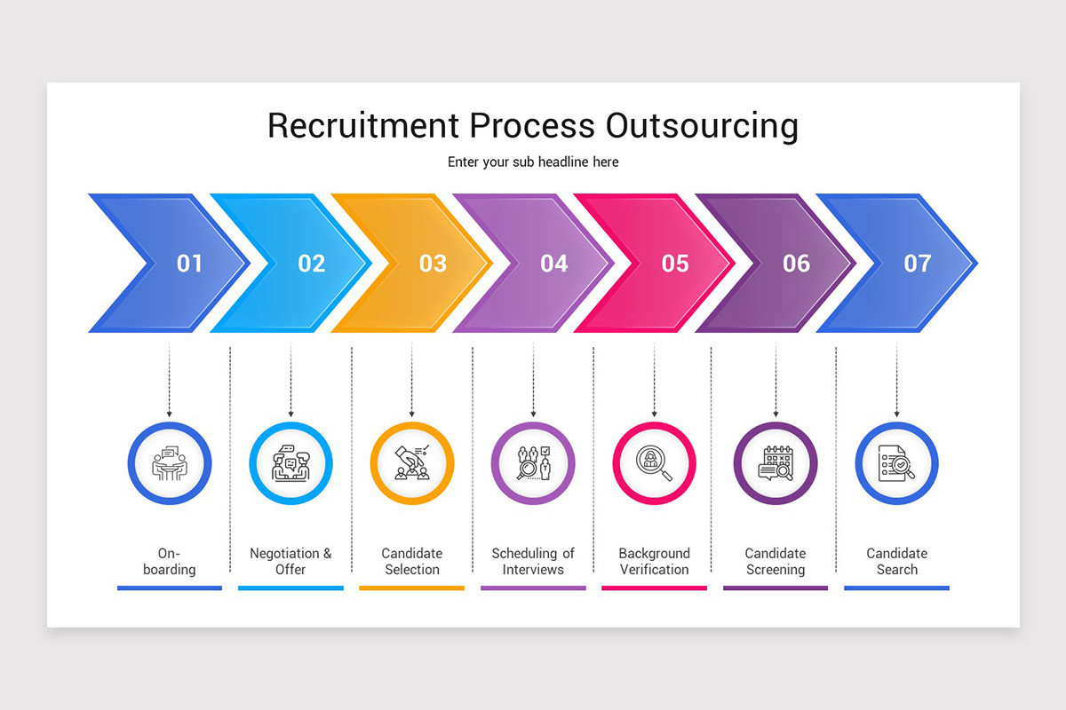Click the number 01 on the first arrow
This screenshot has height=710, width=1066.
tap(189, 264)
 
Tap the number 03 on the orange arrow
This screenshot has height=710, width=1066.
tap(433, 264)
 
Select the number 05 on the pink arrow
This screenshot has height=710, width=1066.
tap(675, 264)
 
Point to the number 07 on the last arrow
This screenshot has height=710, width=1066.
tap(918, 264)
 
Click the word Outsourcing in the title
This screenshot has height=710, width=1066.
tap(702, 126)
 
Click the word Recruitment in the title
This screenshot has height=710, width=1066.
tap(363, 126)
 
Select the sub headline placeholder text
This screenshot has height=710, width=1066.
tap(533, 162)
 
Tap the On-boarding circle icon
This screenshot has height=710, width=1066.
tap(170, 463)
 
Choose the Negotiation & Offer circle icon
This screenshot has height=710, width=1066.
tap(290, 463)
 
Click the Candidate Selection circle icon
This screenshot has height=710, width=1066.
tap(412, 463)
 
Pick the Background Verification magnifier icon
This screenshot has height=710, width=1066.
tap(655, 463)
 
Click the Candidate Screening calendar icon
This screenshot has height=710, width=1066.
tap(776, 463)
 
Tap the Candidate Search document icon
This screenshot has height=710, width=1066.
tap(896, 463)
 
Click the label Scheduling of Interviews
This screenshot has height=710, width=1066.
tap(533, 561)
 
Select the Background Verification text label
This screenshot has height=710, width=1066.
tap(655, 561)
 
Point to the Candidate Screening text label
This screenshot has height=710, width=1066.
tap(776, 561)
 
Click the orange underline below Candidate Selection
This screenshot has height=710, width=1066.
tap(412, 588)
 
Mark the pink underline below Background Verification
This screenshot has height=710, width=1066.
tap(655, 588)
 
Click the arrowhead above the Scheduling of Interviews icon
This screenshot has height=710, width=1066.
tap(533, 414)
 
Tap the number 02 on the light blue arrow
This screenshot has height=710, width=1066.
tap(311, 264)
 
